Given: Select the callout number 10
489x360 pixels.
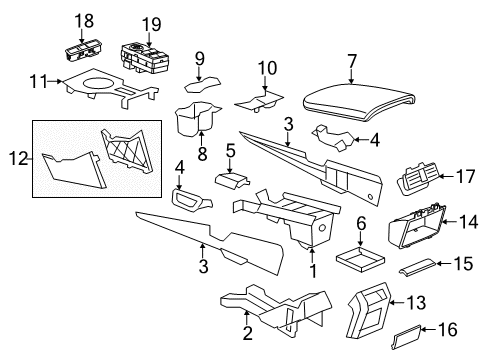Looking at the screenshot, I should click(267, 68).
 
